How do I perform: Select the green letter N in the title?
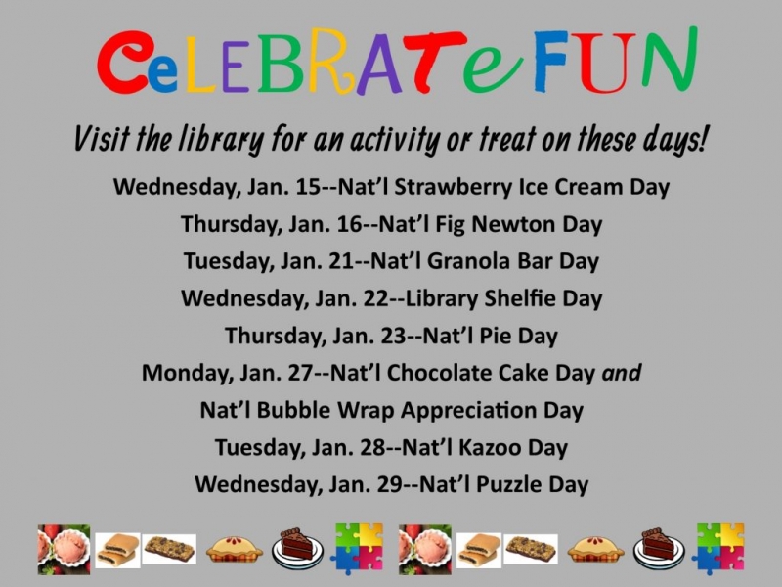pos(669,59)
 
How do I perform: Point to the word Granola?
pos(468,261)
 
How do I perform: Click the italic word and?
pos(622,373)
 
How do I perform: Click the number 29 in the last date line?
pos(389,484)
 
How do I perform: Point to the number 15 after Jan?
pos(308,187)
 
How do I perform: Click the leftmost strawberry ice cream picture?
pos(64,549)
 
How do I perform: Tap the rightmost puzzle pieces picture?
pos(720,549)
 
